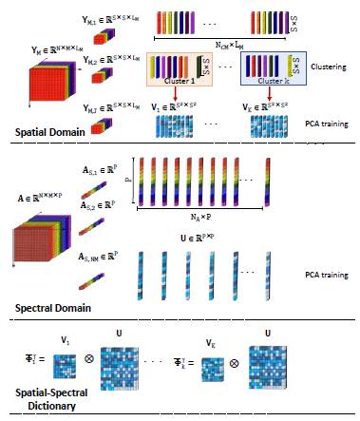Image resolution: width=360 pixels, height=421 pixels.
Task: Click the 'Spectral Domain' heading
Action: click(48, 310)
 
